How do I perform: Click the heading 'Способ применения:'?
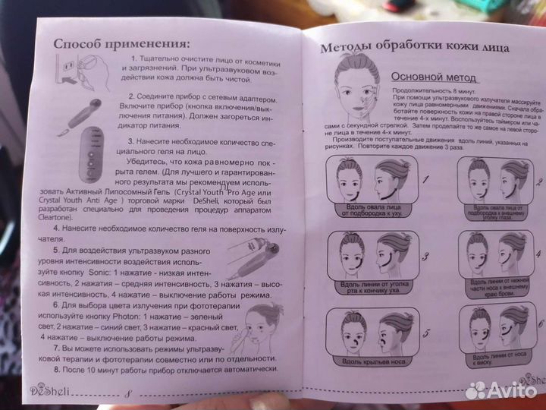pyautogui.click(x=122, y=43)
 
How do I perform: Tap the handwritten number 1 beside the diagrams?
pyautogui.click(x=427, y=181)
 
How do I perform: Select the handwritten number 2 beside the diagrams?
pyautogui.click(x=540, y=182)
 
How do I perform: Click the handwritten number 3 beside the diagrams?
pyautogui.click(x=425, y=257)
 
